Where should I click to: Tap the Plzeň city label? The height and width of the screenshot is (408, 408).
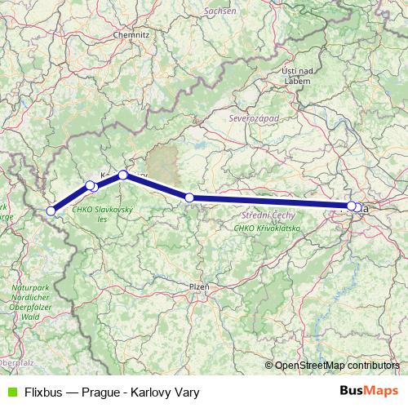[x=199, y=287]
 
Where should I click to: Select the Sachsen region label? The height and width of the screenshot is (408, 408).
[x=220, y=11]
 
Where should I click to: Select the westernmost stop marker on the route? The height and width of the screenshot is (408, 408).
[x=51, y=211]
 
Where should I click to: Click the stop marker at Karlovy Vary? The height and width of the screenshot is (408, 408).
[x=123, y=175]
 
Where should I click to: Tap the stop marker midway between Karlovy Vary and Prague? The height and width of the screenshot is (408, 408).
[x=189, y=197]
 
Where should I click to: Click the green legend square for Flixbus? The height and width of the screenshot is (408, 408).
[x=11, y=392]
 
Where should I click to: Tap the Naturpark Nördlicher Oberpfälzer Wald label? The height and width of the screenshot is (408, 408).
[x=31, y=305]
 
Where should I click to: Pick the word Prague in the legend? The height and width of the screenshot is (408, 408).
[x=102, y=392]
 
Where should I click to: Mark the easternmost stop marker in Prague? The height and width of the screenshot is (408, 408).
[x=357, y=207]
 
